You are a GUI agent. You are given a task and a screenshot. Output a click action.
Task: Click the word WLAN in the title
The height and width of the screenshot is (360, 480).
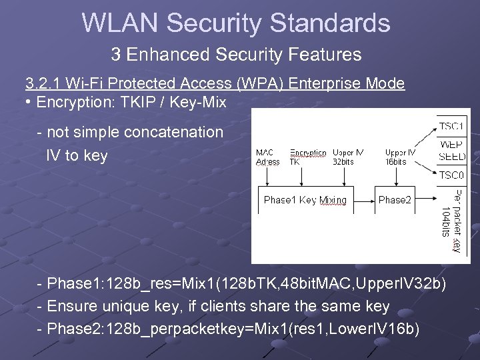[120, 23]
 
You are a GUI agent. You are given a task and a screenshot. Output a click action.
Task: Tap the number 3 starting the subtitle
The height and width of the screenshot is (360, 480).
[115, 54]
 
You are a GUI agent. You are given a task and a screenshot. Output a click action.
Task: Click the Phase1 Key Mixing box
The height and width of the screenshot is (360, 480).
[305, 200]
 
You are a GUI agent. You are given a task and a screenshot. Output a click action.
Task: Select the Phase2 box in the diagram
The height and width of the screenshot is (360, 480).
[395, 200]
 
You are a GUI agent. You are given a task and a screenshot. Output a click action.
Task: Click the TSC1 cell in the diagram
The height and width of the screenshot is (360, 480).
[451, 125]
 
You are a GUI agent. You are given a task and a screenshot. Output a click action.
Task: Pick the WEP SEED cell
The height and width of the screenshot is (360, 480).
[451, 151]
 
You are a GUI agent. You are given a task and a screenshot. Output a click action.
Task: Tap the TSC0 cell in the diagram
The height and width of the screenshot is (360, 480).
[451, 175]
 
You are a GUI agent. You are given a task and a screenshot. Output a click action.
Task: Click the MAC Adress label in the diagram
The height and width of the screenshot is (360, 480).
[268, 157]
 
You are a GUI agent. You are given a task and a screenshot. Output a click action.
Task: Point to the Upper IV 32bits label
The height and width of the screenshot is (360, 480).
[347, 157]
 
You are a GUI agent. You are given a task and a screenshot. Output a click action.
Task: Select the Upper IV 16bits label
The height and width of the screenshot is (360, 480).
[400, 157]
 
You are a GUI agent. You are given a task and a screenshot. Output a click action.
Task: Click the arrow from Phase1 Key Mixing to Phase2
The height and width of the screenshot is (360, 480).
[363, 200]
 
